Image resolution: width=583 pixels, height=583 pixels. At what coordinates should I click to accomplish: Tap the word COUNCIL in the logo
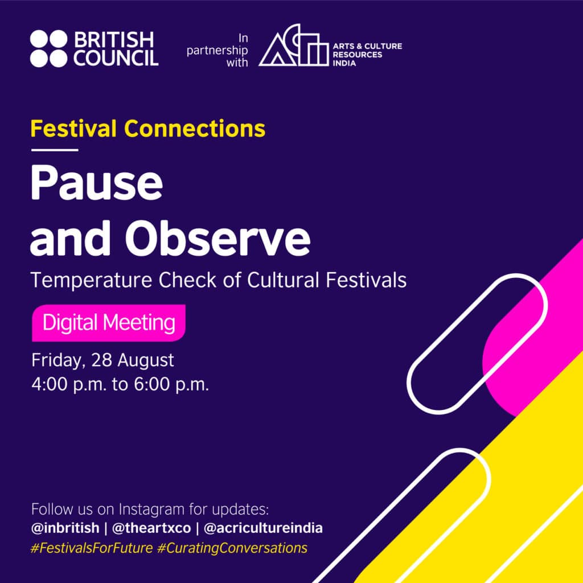tap(116, 58)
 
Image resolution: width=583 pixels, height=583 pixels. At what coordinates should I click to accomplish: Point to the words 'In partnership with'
tap(229, 50)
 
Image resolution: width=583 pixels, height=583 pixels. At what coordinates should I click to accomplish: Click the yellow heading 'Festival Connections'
tap(147, 129)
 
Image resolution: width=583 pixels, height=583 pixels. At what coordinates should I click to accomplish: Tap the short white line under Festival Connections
tap(54, 150)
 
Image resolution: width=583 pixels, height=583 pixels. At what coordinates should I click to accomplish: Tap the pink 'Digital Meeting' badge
tap(108, 323)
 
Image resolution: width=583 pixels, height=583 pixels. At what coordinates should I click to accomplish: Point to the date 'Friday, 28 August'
tap(102, 360)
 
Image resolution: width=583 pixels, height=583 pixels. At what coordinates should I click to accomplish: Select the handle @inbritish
tap(68, 528)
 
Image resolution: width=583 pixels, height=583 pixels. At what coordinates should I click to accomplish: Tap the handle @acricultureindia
tap(263, 528)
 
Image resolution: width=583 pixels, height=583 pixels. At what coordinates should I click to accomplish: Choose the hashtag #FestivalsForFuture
tap(92, 548)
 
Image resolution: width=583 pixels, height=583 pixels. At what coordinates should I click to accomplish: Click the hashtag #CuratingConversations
tap(233, 548)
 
